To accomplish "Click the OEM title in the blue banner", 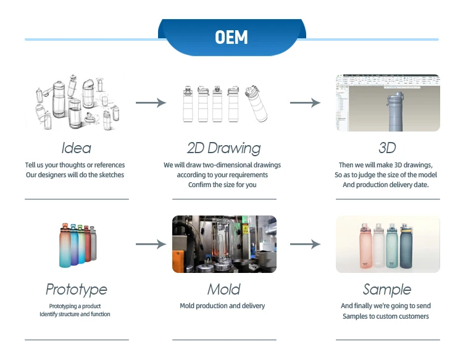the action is [x=231, y=38].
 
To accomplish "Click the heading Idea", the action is [x=77, y=148].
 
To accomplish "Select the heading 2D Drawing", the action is [x=223, y=148].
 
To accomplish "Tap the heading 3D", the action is [x=387, y=148].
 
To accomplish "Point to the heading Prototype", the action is [x=77, y=290].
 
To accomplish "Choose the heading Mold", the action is [x=223, y=290].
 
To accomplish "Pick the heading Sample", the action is [x=387, y=290].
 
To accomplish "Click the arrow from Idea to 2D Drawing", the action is [x=151, y=103].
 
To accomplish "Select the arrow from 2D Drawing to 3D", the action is [x=306, y=103].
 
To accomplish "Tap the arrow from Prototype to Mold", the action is [x=151, y=245].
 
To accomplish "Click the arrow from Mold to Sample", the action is [x=306, y=245].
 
